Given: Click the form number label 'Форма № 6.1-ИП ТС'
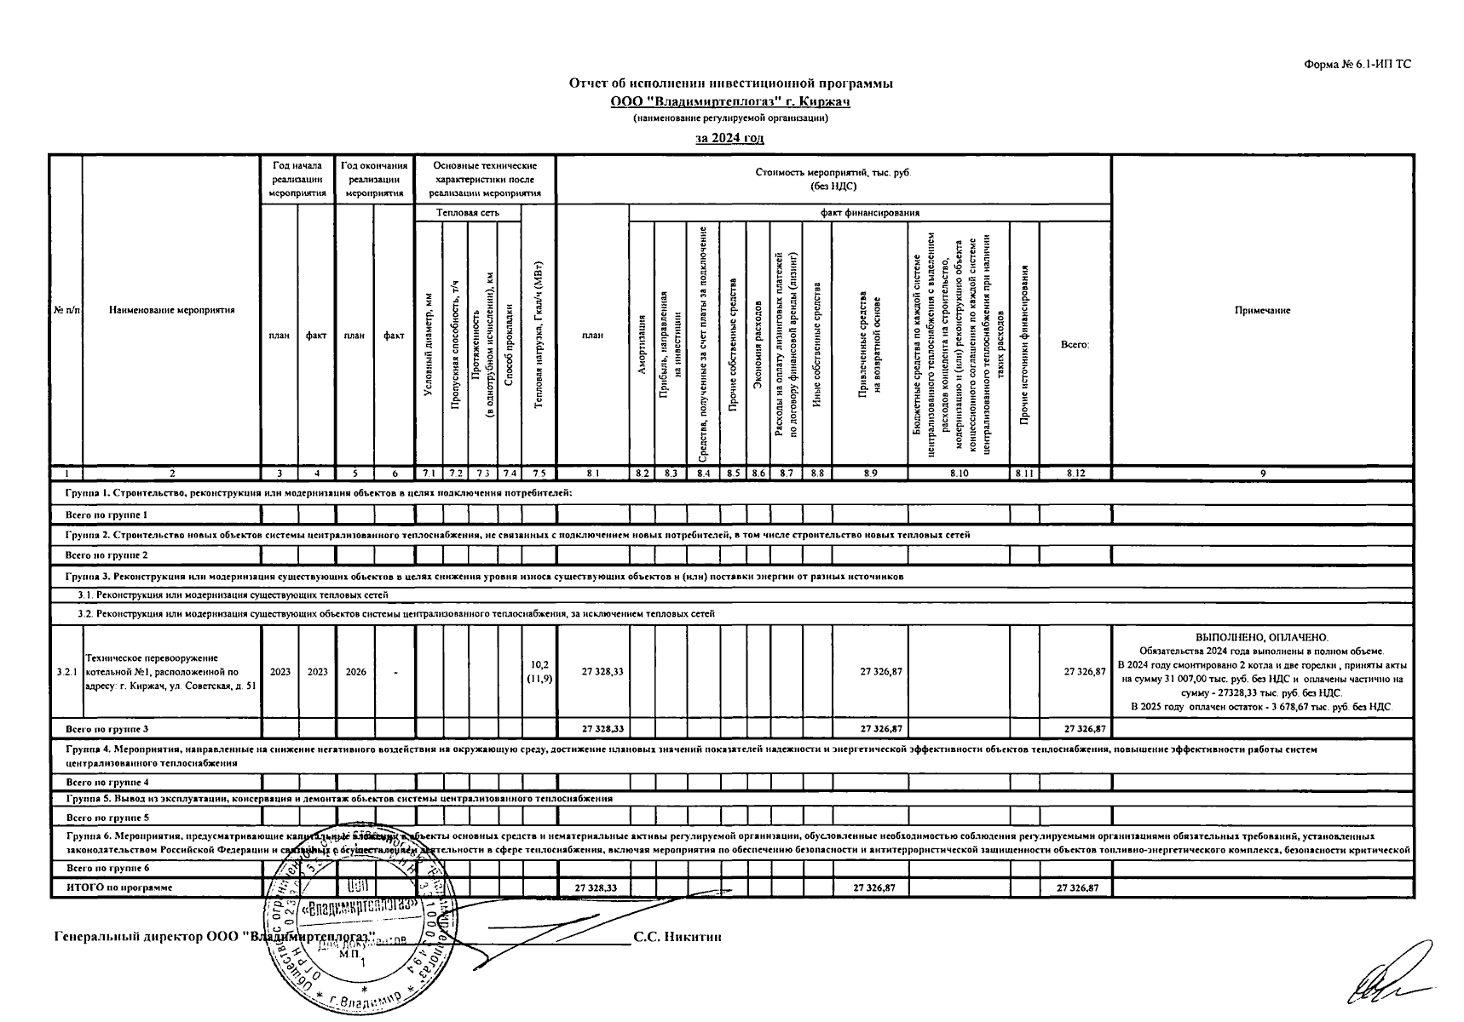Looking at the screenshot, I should point(1357,64).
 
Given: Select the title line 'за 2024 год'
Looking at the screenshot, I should point(729,138).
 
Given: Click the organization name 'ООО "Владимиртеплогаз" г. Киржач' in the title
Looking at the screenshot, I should point(730,102).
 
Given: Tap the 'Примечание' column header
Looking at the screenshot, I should point(1262,311).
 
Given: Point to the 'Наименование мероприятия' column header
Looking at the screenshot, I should point(171,311).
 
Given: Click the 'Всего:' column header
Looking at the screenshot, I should point(1075,345).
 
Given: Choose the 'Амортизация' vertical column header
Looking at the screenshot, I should point(642,344).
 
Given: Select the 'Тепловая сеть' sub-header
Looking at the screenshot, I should point(468,213).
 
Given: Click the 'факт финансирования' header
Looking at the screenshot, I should point(869,213).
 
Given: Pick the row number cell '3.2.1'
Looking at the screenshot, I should point(66,672).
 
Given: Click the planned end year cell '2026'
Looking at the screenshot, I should point(355,672).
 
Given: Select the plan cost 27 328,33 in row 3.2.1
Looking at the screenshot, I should point(602,672).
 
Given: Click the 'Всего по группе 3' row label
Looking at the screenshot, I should point(107,729).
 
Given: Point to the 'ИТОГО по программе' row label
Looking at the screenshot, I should point(119,887).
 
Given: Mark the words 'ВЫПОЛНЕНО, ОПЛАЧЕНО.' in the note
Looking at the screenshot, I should point(1262,637).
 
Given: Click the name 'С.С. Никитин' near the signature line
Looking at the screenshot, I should point(677,937).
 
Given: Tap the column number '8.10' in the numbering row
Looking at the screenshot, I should point(959,473).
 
